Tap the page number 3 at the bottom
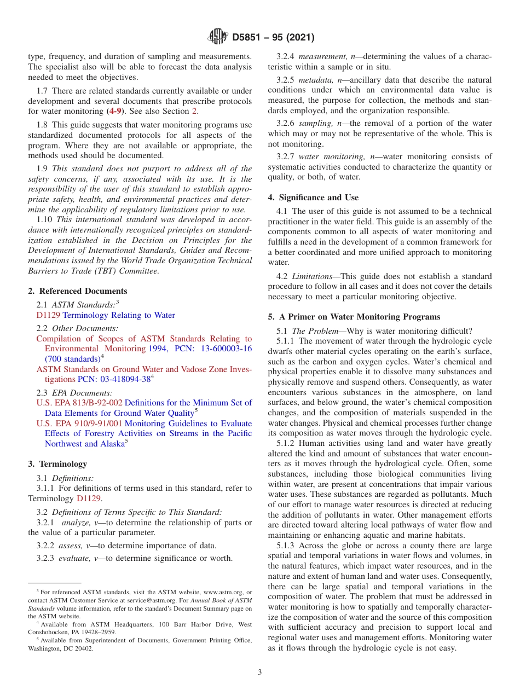260,672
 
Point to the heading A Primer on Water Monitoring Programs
354,317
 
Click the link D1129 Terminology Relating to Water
106,315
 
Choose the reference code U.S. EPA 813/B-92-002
79,403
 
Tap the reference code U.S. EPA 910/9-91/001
79,424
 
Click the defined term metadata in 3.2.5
314,80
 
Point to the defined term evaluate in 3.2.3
76,558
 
